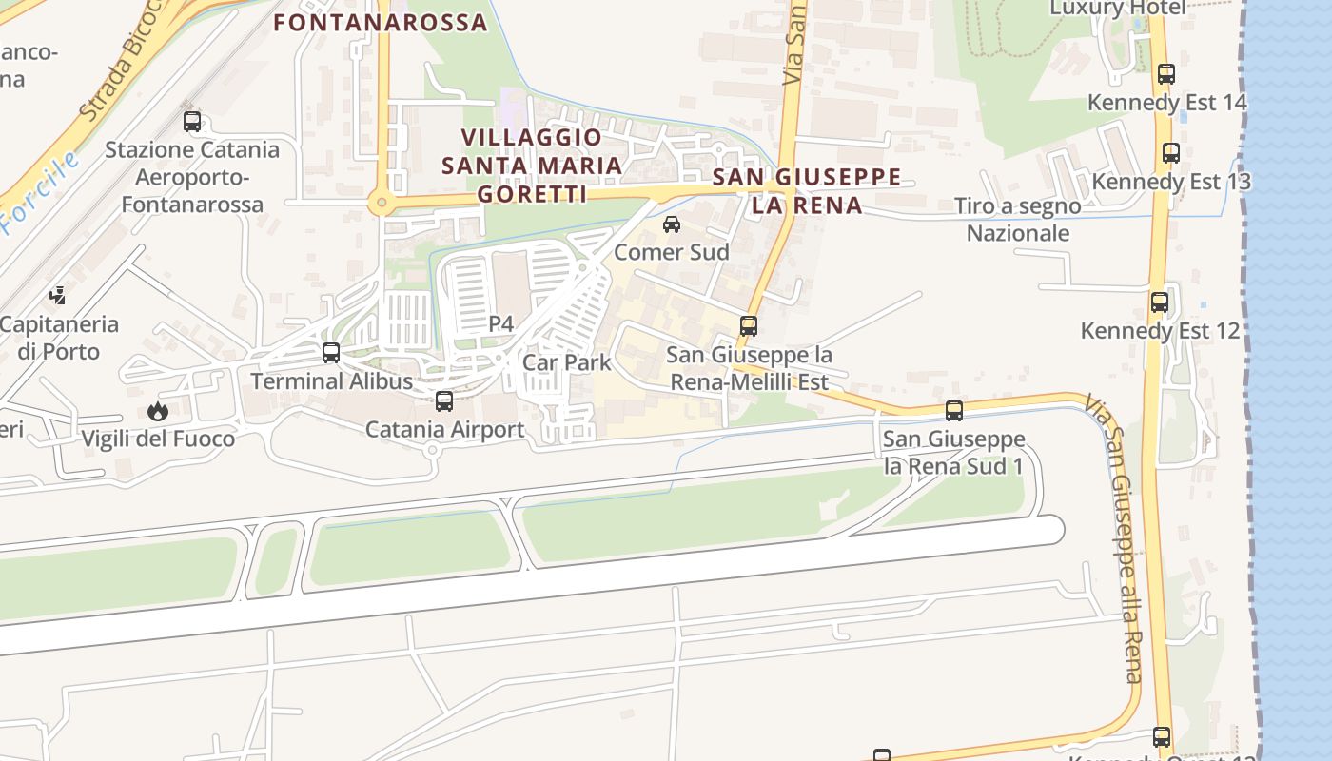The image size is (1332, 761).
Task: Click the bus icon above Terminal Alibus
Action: coord(331,353)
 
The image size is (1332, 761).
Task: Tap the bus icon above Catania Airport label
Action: coord(444,401)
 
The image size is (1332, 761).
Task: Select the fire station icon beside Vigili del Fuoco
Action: coord(158,411)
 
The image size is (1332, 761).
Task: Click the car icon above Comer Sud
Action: coord(672,224)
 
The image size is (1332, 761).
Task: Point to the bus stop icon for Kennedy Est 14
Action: coord(1166,74)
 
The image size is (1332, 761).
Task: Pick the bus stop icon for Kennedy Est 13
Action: coord(1171,153)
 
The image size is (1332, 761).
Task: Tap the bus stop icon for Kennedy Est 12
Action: coord(1160,303)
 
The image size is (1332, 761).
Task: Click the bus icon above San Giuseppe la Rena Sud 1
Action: coord(954,411)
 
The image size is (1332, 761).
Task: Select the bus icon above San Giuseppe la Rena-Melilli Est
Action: coord(749,326)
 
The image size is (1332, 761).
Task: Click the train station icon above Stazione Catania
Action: coord(192,122)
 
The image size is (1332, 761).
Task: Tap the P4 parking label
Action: coord(501,324)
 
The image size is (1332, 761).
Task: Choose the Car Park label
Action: coord(567,362)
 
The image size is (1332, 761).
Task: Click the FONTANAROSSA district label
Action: coord(381,22)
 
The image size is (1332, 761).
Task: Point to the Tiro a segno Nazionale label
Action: coord(1018,220)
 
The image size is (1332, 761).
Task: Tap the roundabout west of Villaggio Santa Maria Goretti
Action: coord(382,202)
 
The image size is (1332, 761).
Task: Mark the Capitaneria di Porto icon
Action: coord(58,295)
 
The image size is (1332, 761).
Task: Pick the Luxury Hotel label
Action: coord(1117,8)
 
